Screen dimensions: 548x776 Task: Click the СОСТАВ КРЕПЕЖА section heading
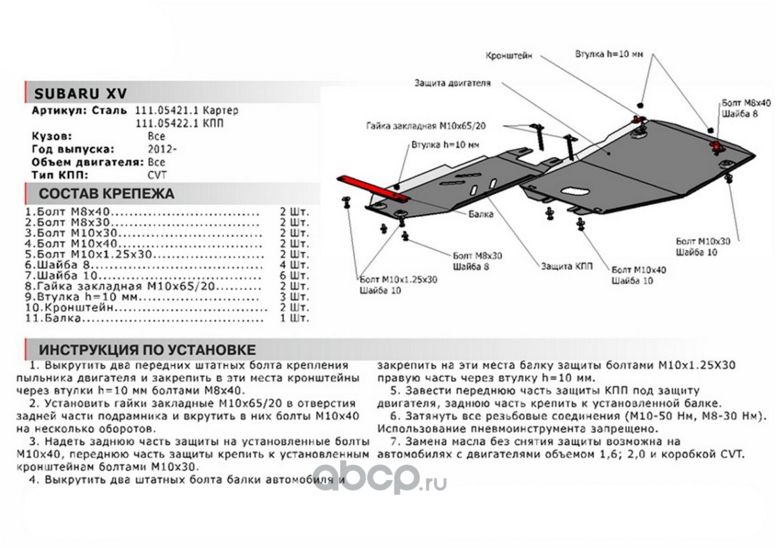click(106, 194)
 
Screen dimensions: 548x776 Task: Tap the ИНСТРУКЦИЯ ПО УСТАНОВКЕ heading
click(147, 349)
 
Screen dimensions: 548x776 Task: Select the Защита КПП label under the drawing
click(566, 266)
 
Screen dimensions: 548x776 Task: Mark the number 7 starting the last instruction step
click(393, 441)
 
